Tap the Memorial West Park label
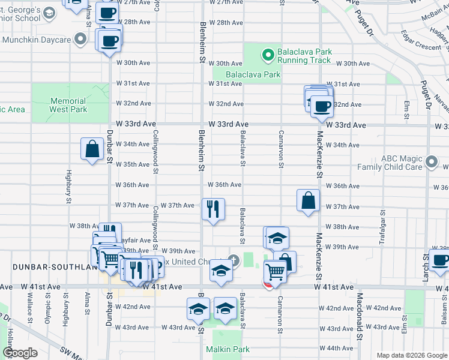68,106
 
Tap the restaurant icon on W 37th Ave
213,209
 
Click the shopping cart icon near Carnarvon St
275,271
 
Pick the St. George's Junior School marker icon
50,12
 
